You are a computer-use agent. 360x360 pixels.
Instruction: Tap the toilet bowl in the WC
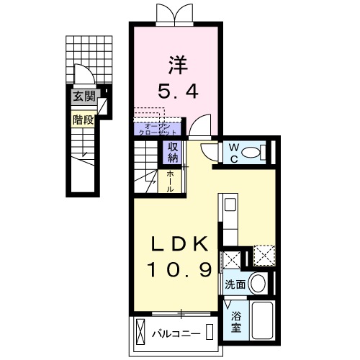point(251,153)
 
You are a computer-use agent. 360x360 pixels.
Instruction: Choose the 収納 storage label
point(174,152)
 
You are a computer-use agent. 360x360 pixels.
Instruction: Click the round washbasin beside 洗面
point(257,283)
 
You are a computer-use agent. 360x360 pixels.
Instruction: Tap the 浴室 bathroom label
point(235,320)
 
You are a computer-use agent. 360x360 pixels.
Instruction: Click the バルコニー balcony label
point(175,333)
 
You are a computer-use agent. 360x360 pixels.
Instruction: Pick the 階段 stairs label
point(82,120)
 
